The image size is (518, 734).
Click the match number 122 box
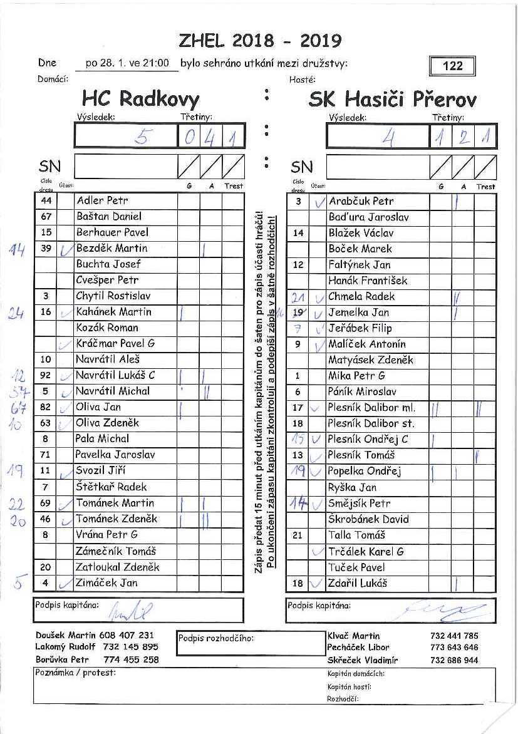click(452, 66)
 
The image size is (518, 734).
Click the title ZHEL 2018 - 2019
click(260, 41)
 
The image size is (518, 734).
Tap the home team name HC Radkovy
click(140, 99)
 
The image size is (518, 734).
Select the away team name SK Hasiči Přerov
click(392, 100)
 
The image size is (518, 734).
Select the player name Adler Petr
click(102, 201)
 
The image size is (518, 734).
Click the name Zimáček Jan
click(106, 583)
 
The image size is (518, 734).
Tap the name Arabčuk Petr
click(361, 202)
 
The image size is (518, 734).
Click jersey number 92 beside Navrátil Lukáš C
click(45, 376)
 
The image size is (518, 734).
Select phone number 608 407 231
click(129, 635)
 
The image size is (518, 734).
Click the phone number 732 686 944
click(454, 660)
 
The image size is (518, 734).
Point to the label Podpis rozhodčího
click(216, 638)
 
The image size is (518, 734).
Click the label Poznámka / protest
click(76, 673)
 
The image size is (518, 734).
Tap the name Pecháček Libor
click(358, 648)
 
